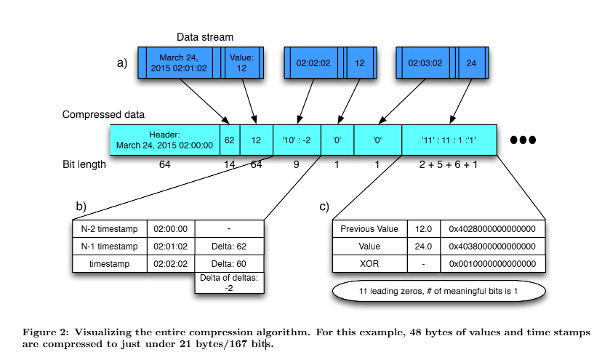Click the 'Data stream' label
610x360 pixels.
[204, 37]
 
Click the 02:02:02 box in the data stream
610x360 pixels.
[313, 63]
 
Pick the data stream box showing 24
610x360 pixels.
[471, 63]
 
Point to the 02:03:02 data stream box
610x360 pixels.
[425, 63]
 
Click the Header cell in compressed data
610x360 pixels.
[164, 140]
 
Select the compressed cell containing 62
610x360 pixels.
[230, 140]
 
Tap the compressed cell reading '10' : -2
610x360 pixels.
[297, 140]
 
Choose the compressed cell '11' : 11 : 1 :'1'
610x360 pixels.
[449, 140]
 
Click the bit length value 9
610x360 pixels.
[297, 164]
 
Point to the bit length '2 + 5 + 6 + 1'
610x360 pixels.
[449, 164]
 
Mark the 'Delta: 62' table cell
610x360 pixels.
[229, 247]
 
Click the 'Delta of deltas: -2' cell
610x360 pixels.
[229, 282]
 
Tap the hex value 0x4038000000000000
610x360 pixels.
[497, 247]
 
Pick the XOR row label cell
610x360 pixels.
[369, 263]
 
